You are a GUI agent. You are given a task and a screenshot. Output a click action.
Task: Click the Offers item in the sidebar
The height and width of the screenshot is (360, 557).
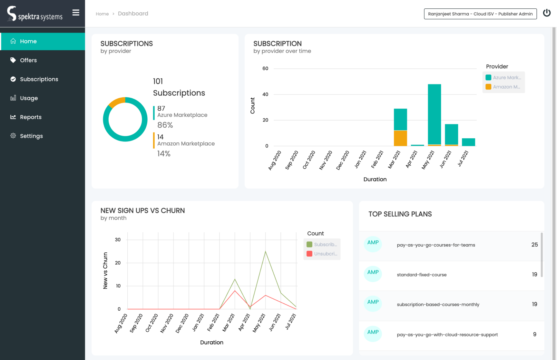(28, 60)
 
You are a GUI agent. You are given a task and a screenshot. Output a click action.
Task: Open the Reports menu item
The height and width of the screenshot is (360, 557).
(31, 117)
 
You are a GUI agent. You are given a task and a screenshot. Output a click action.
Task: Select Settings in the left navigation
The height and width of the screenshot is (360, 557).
(31, 136)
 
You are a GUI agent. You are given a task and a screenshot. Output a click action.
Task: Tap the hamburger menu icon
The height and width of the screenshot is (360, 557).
(76, 13)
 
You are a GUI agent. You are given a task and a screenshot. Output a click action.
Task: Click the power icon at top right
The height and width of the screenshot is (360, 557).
(547, 13)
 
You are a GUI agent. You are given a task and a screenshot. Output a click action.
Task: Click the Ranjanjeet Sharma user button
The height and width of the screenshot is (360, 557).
(480, 14)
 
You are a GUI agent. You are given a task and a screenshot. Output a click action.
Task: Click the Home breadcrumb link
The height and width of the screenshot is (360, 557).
(102, 14)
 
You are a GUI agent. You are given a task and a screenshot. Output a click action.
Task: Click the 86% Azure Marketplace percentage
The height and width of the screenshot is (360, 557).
(165, 125)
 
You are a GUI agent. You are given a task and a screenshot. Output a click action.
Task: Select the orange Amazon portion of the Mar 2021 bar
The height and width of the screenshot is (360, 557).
(400, 138)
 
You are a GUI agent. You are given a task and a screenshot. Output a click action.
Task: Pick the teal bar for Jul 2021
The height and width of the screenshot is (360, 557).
(468, 142)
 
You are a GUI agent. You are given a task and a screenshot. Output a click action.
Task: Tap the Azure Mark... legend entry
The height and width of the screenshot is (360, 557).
(503, 78)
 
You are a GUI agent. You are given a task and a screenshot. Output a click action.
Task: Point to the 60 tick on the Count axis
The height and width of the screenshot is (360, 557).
(265, 68)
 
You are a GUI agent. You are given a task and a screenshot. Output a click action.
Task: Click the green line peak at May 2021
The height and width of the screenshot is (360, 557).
(265, 251)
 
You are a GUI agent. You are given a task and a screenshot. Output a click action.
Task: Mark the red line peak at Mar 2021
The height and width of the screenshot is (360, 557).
(235, 291)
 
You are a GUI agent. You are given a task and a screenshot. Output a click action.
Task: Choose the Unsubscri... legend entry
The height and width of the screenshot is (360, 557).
(322, 254)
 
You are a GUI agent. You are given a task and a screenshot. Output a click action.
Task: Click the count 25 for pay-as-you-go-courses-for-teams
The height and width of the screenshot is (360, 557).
(534, 245)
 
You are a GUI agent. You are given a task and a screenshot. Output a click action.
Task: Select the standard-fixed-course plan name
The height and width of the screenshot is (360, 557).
(422, 275)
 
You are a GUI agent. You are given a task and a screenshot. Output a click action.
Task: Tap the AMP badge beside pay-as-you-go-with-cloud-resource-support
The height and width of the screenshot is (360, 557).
(373, 333)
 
